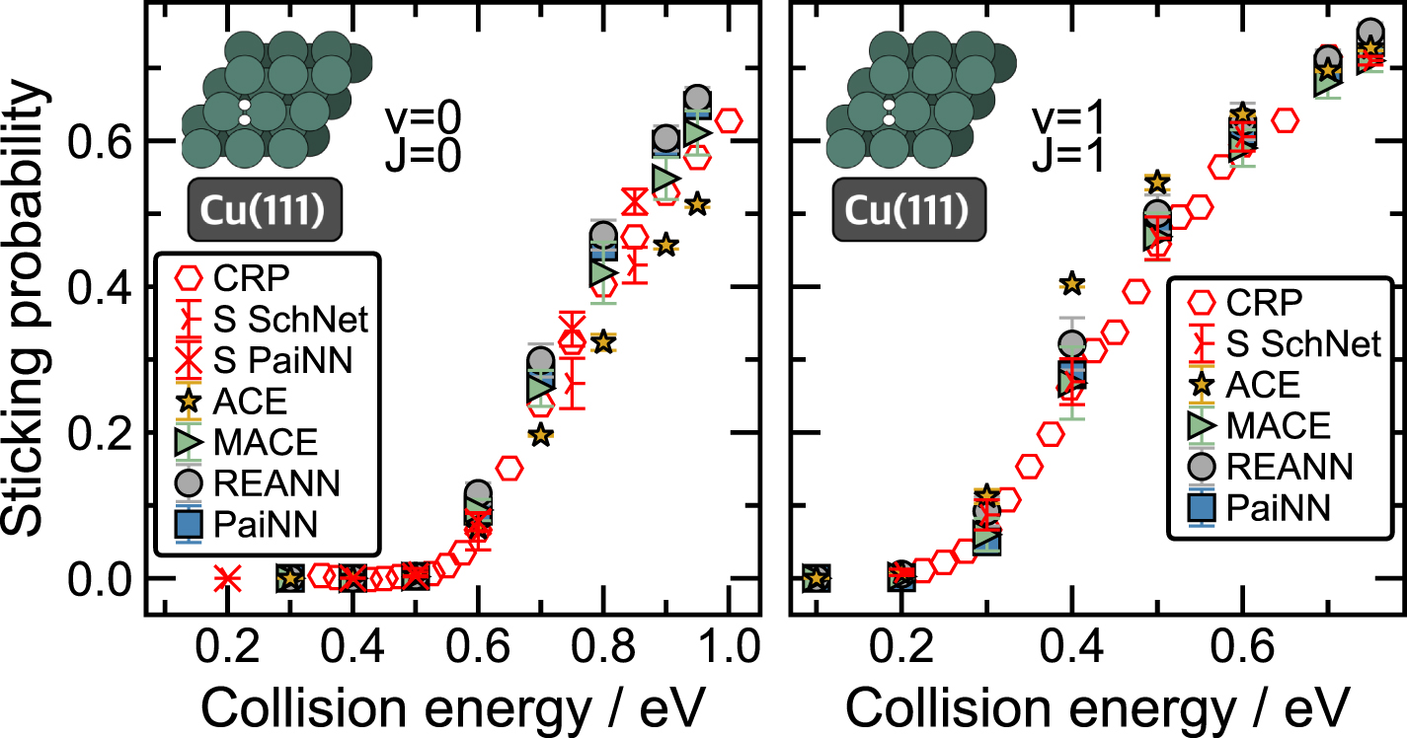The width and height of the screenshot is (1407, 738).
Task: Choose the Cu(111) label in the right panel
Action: [907, 208]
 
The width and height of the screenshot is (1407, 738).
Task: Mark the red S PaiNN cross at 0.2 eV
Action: [227, 577]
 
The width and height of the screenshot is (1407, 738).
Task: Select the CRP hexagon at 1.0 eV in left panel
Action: [729, 121]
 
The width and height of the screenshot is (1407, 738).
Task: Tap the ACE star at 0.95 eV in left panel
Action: [698, 204]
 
